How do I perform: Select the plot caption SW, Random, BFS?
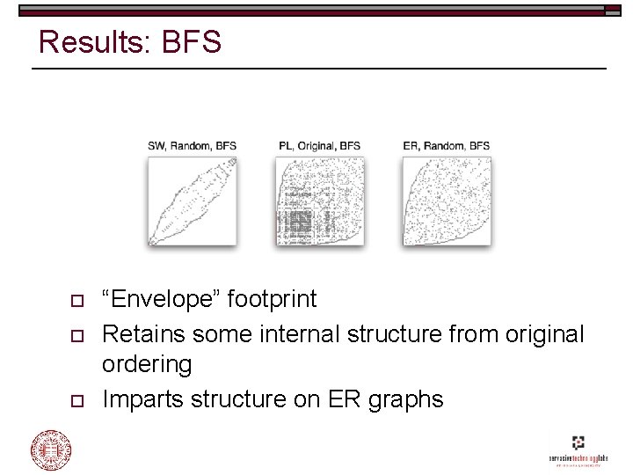coord(192,145)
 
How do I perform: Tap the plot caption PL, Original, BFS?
coord(319,145)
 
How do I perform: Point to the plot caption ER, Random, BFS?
coord(446,145)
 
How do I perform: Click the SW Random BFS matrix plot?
coord(192,201)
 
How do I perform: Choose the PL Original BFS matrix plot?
coord(319,201)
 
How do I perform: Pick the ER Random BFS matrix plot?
coord(446,201)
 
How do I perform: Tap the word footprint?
coord(272,299)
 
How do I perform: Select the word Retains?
coord(143,334)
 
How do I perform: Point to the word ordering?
coord(147,364)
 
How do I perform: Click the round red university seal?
coord(52,449)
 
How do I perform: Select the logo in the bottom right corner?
coord(578,449)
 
